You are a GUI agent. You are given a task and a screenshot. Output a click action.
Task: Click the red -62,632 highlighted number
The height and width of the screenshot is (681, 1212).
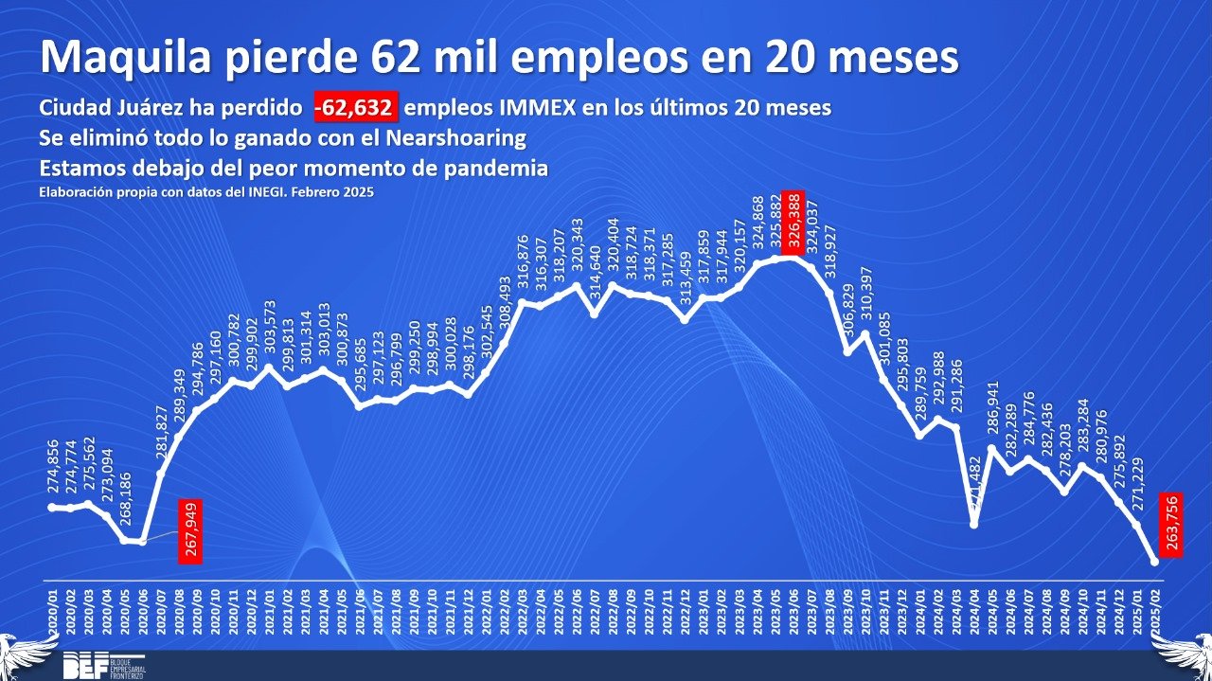[357, 108]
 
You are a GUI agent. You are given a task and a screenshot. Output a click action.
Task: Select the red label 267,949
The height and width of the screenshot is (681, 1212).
[190, 530]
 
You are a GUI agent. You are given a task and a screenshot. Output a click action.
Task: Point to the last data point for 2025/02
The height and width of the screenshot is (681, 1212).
[1154, 562]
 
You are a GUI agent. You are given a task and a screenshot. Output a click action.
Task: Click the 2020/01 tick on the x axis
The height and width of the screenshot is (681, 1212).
[52, 611]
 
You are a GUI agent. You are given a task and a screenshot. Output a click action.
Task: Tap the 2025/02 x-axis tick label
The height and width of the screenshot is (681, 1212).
[1155, 611]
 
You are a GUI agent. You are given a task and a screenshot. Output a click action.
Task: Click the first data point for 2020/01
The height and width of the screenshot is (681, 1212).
[52, 508]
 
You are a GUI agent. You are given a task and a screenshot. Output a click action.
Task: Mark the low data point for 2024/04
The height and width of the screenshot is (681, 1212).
[973, 524]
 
